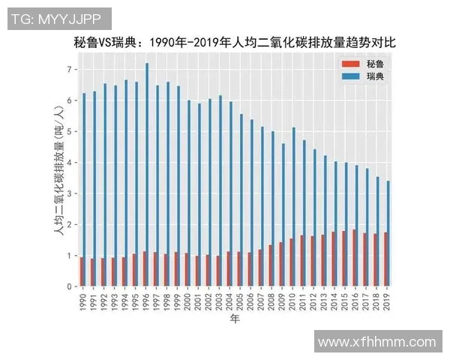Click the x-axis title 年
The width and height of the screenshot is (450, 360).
click(235, 319)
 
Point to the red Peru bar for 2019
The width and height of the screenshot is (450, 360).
click(385, 259)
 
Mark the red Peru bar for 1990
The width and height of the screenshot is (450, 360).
click(81, 271)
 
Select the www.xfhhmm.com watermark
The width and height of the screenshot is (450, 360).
click(376, 342)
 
